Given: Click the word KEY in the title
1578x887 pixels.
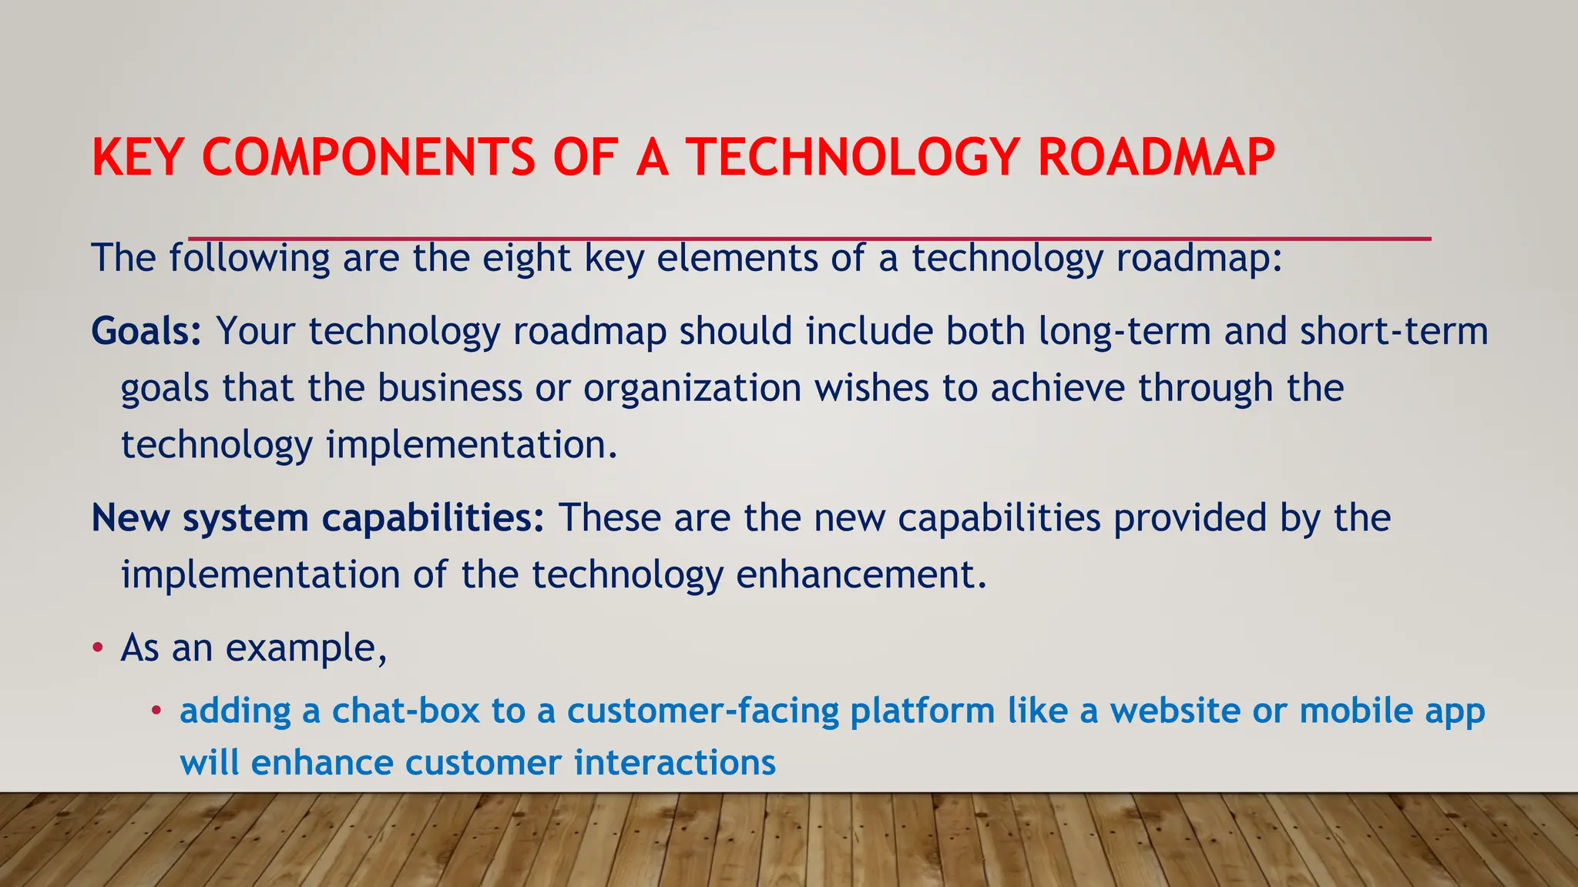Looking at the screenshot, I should (x=137, y=158).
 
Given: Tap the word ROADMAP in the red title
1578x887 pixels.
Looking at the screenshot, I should (x=1156, y=158).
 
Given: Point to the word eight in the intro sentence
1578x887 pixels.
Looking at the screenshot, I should (x=526, y=259).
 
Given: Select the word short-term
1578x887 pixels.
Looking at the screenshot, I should (x=1394, y=332).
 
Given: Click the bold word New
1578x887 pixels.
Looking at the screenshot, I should (x=130, y=518).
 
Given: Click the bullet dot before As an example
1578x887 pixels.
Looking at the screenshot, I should (x=97, y=648).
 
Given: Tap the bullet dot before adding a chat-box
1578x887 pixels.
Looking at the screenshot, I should (x=156, y=710).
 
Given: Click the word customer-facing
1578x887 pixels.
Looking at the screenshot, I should (x=702, y=711).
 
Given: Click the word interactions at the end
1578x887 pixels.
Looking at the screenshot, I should (x=674, y=763).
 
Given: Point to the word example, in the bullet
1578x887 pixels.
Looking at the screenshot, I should (x=306, y=649).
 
